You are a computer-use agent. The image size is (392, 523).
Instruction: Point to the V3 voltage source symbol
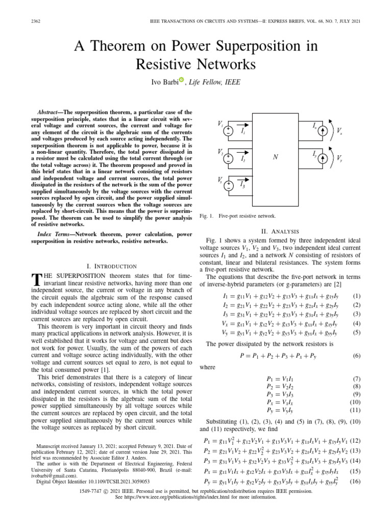tap(229, 185)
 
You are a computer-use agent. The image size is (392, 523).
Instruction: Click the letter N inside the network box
tap(275, 157)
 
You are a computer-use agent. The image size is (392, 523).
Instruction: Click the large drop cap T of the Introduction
tap(36, 279)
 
